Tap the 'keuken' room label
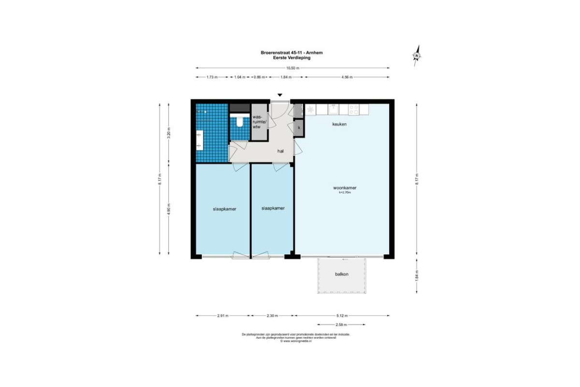[339, 124]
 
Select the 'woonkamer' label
[345, 188]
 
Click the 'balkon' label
[342, 274]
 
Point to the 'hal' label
[280, 151]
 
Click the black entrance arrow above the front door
[279, 96]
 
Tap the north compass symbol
[416, 55]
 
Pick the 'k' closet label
[299, 128]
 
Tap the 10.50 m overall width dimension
[292, 68]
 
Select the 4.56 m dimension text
[347, 77]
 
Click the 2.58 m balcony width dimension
[342, 325]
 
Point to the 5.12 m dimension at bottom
[343, 315]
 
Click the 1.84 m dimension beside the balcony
[417, 275]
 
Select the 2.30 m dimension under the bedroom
[272, 315]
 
